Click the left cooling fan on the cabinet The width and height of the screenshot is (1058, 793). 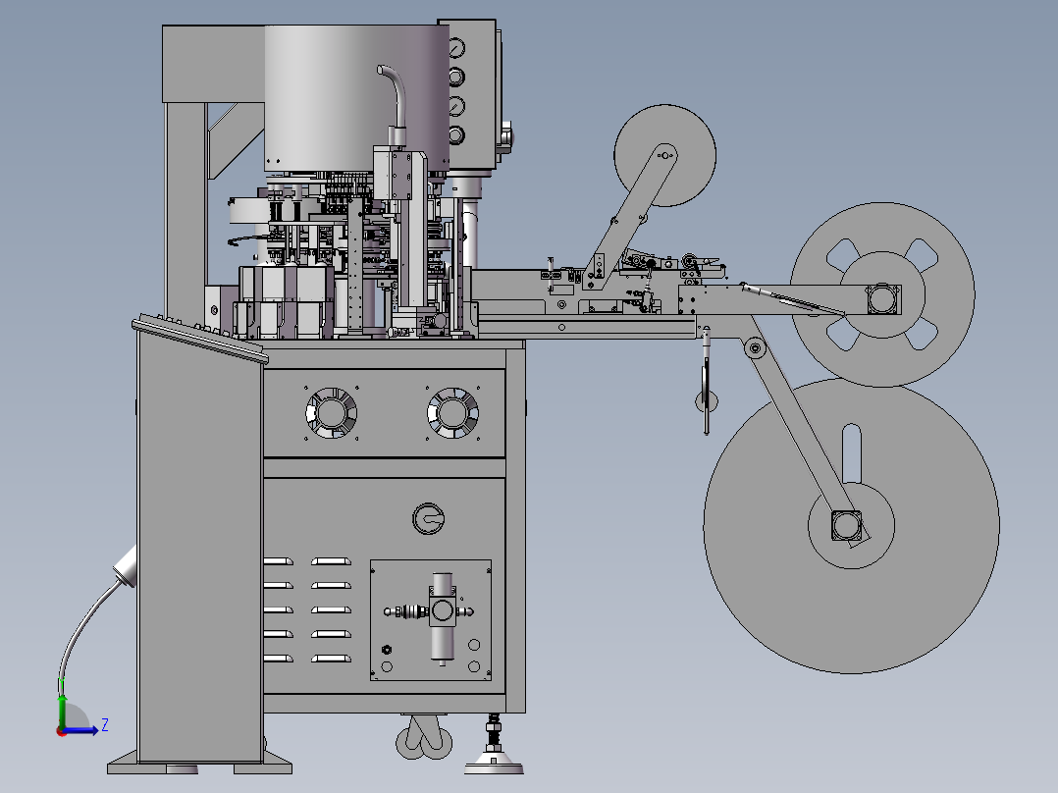(x=331, y=412)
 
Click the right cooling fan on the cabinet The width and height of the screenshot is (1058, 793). (x=452, y=412)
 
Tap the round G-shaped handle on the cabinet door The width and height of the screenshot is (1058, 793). (x=429, y=518)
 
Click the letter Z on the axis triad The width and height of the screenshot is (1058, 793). (x=105, y=725)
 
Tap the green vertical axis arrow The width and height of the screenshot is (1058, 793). (x=62, y=711)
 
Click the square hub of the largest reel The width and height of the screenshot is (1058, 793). (x=846, y=525)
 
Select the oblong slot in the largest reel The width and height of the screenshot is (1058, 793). (x=852, y=452)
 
